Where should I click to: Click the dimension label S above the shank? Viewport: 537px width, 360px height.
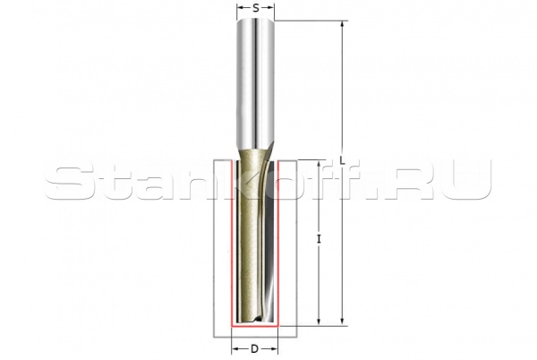click(256, 8)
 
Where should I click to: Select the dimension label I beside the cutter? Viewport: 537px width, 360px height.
click(320, 239)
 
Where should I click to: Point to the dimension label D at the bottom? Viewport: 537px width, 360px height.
click(254, 348)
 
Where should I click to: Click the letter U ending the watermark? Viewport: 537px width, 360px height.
click(471, 183)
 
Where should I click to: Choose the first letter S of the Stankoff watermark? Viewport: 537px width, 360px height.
click(67, 183)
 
